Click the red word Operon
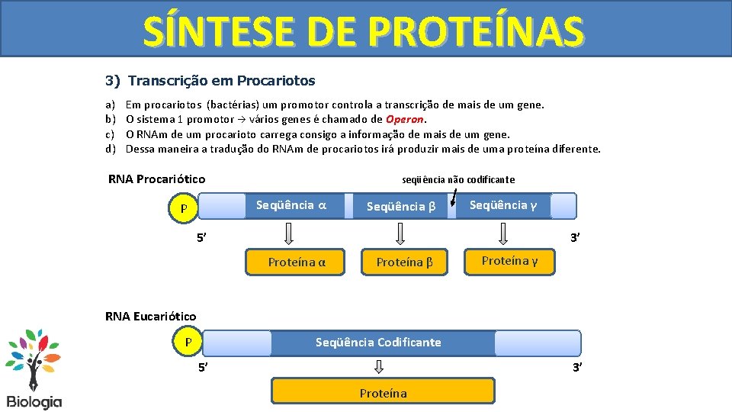pos(405,119)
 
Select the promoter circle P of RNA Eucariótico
pos(188,342)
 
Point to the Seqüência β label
pos(401,206)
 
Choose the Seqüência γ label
pos(502,205)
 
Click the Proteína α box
pos(297,262)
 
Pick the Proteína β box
pos(404,262)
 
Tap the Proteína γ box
pos(509,261)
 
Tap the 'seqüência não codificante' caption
pos(458,180)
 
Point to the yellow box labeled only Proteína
pos(383,393)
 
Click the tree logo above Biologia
pos(34,359)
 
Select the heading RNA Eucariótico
pos(150,316)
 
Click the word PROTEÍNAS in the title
pos(476,31)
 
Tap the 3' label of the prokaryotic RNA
pos(576,238)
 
